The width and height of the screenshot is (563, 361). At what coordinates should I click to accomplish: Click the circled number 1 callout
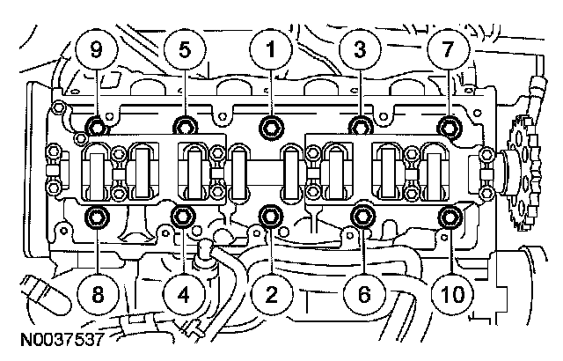(x=271, y=50)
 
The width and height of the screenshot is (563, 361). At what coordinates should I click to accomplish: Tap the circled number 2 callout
(x=271, y=292)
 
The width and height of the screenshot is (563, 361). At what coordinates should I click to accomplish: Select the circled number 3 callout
(x=359, y=50)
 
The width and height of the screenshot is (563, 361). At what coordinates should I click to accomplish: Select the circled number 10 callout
(x=450, y=292)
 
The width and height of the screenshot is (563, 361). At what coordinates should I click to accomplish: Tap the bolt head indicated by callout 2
(x=271, y=215)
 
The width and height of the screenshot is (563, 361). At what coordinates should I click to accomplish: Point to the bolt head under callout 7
(x=450, y=123)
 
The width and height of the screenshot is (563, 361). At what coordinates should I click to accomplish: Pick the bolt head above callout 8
(x=96, y=216)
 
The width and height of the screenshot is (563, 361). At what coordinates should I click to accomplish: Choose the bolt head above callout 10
(x=450, y=216)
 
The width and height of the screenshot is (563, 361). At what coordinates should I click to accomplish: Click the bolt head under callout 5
(x=184, y=123)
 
